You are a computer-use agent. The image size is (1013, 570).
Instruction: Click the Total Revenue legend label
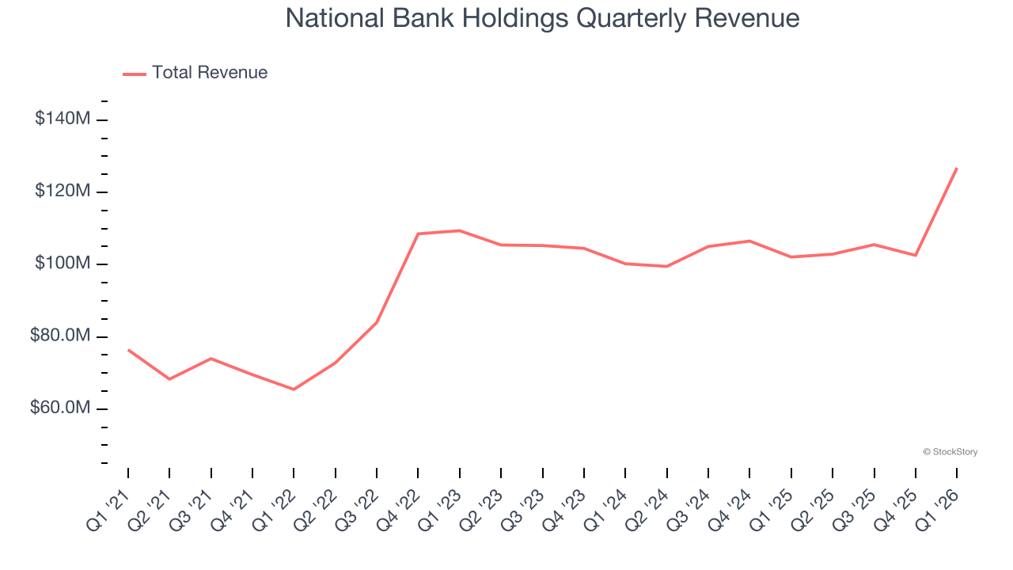coord(210,73)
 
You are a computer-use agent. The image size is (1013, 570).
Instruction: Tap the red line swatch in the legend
coord(135,74)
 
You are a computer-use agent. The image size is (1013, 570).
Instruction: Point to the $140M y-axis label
coord(62,119)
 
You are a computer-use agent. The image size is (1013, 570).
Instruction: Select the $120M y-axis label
coord(62,191)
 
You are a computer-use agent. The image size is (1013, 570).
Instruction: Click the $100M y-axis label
coord(62,263)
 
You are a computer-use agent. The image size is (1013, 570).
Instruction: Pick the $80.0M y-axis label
coord(59,336)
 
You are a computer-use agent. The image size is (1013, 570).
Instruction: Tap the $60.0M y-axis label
coord(59,408)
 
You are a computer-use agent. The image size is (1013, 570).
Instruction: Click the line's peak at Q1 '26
coord(957,168)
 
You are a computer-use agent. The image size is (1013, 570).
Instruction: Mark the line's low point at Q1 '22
coord(294,389)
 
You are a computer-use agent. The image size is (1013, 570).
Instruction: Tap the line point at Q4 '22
coord(418,234)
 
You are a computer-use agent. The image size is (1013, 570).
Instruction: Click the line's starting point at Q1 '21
coord(128,349)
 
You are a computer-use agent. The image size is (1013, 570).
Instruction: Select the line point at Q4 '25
coord(916,255)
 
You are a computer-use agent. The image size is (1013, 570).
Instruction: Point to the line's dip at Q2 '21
coord(169,379)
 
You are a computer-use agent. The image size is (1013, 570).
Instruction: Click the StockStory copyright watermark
coord(950,452)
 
